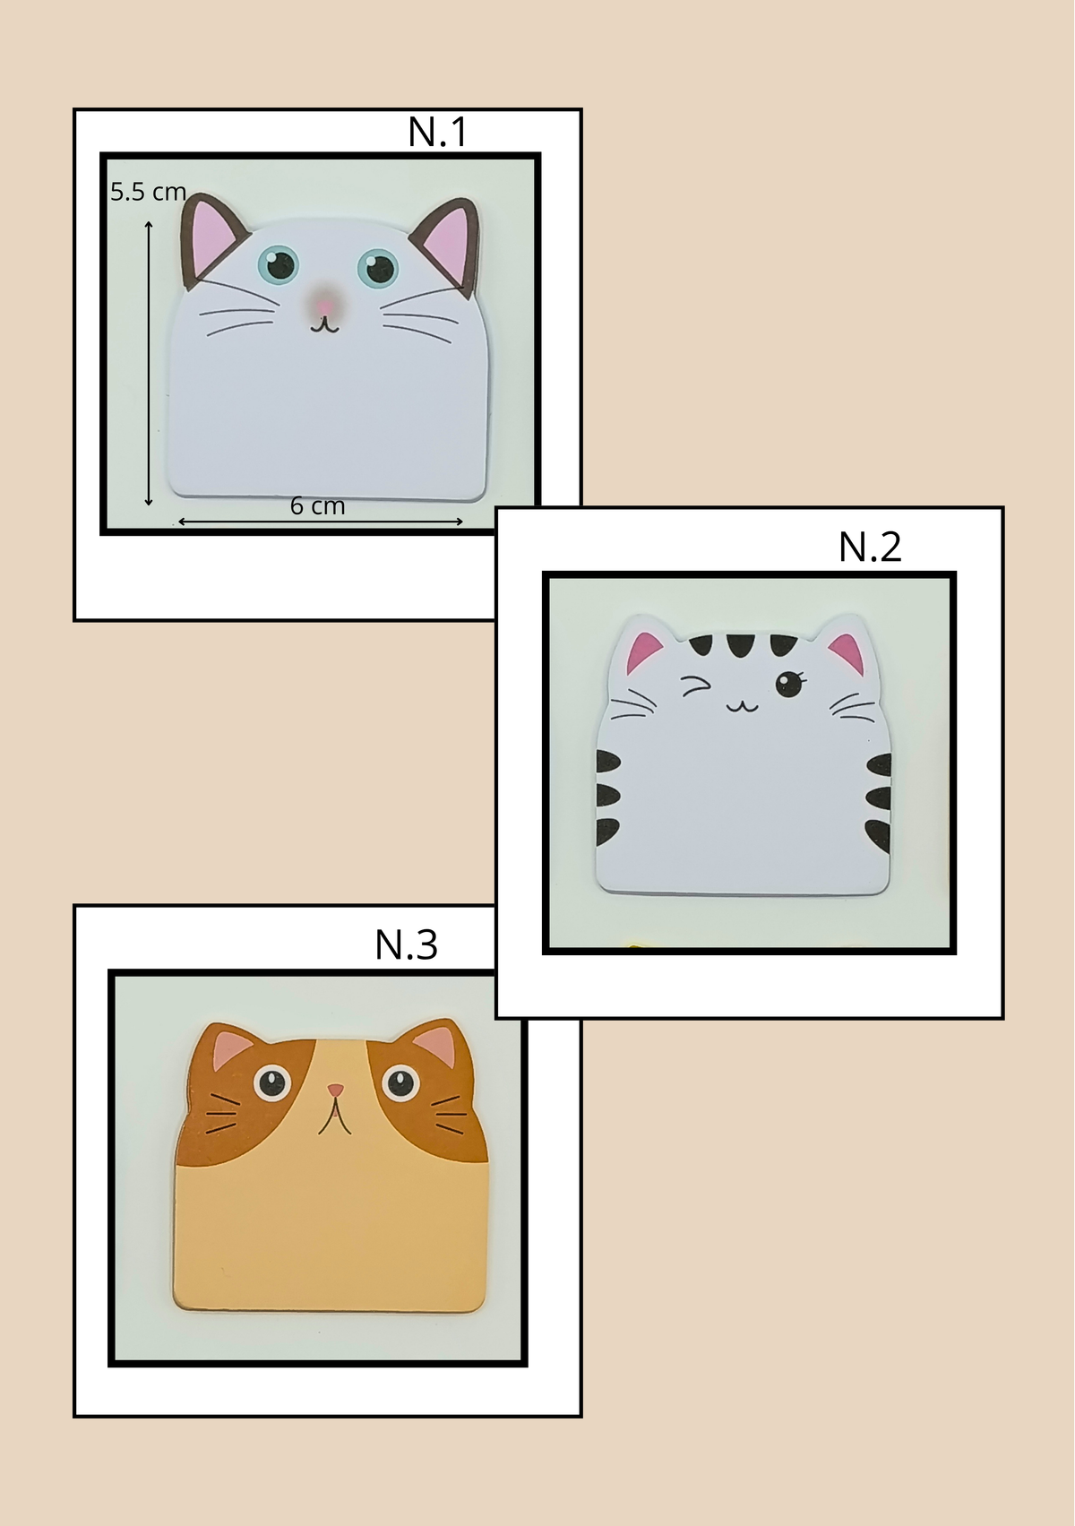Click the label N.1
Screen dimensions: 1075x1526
click(437, 132)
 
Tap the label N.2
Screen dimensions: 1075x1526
click(870, 547)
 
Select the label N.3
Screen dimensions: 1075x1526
click(406, 944)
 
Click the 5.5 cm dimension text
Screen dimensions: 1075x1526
click(149, 192)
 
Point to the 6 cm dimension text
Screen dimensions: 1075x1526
click(317, 506)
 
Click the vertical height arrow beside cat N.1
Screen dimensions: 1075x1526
click(149, 364)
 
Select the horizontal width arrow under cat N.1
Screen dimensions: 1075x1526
click(320, 522)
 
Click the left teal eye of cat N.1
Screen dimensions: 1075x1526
click(278, 265)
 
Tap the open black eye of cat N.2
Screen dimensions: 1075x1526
click(789, 684)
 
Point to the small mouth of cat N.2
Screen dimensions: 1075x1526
click(742, 706)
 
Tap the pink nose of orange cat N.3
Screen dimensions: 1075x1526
click(335, 1090)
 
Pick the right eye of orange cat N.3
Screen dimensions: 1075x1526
click(400, 1083)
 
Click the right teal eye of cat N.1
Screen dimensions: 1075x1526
click(379, 269)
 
